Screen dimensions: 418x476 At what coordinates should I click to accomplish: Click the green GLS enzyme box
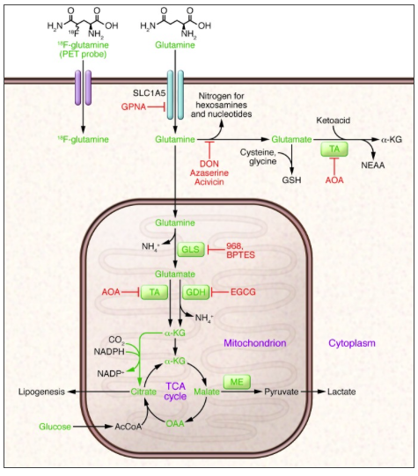pyautogui.click(x=191, y=250)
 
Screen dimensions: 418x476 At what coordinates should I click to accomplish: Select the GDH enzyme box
pyautogui.click(x=195, y=292)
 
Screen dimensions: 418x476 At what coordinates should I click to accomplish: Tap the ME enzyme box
pyautogui.click(x=237, y=382)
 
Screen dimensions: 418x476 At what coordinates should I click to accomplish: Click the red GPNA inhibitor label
pyautogui.click(x=134, y=106)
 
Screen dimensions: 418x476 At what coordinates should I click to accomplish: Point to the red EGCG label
pyautogui.click(x=243, y=292)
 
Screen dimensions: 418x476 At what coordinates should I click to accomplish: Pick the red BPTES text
pyautogui.click(x=241, y=254)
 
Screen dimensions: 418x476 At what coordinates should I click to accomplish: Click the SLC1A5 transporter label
pyautogui.click(x=149, y=93)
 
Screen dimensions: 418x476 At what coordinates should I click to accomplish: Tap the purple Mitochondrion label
pyautogui.click(x=255, y=343)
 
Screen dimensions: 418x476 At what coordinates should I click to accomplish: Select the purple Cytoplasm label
pyautogui.click(x=352, y=343)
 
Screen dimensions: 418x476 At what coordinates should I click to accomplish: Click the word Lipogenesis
pyautogui.click(x=41, y=392)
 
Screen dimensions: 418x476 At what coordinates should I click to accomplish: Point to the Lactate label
pyautogui.click(x=341, y=392)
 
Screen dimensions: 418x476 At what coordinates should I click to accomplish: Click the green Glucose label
pyautogui.click(x=55, y=427)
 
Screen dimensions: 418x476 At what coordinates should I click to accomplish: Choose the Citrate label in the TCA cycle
pyautogui.click(x=143, y=392)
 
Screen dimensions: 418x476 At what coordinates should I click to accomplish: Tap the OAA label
pyautogui.click(x=175, y=423)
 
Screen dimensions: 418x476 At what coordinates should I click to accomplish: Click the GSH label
pyautogui.click(x=291, y=180)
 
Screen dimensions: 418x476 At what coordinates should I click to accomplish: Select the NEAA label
pyautogui.click(x=373, y=165)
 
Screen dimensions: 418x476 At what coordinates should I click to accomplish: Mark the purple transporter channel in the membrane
pyautogui.click(x=84, y=88)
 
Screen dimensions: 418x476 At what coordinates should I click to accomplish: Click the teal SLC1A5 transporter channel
pyautogui.click(x=175, y=95)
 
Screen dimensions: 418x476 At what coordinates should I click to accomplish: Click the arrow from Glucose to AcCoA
pyautogui.click(x=92, y=427)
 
